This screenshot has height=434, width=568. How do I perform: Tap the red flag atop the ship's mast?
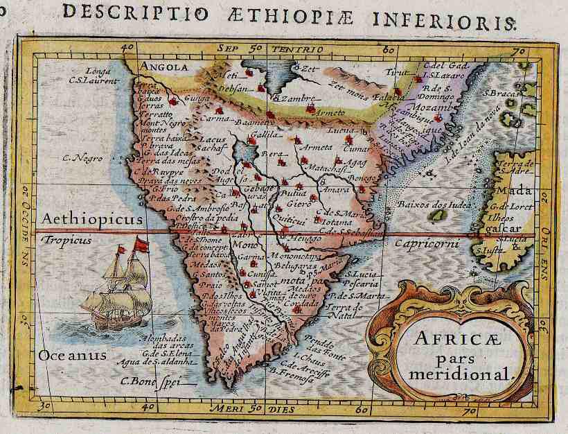[141, 244]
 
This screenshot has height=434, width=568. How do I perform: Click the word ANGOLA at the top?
[164, 67]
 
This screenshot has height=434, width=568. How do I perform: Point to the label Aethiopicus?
[91, 219]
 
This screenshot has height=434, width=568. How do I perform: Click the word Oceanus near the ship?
[73, 355]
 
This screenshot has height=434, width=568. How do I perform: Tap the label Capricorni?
[423, 243]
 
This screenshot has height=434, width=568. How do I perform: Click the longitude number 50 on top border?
[256, 48]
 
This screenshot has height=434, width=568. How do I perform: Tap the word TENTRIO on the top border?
[297, 49]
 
